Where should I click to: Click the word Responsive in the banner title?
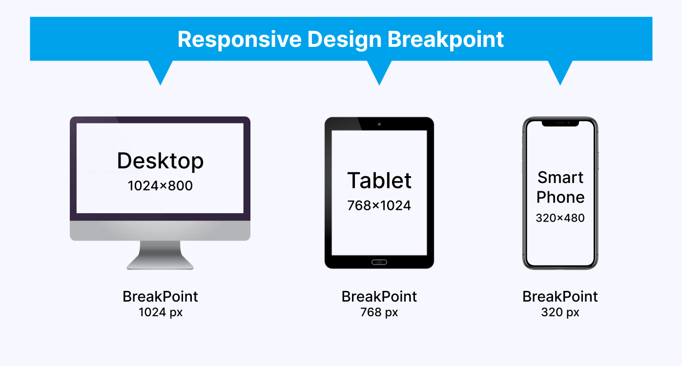tap(239, 40)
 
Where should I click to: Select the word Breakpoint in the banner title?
tap(446, 40)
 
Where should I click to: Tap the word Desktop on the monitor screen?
tap(160, 161)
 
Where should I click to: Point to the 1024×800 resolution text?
tap(160, 186)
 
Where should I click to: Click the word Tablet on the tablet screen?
tap(379, 181)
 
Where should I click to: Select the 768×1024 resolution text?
tap(379, 205)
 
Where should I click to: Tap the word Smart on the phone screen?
tap(560, 178)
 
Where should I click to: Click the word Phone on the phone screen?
tap(560, 197)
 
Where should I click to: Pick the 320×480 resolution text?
tap(560, 218)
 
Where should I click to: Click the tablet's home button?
tap(379, 262)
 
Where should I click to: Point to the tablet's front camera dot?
tap(379, 124)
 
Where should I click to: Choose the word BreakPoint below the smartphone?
tap(560, 297)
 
